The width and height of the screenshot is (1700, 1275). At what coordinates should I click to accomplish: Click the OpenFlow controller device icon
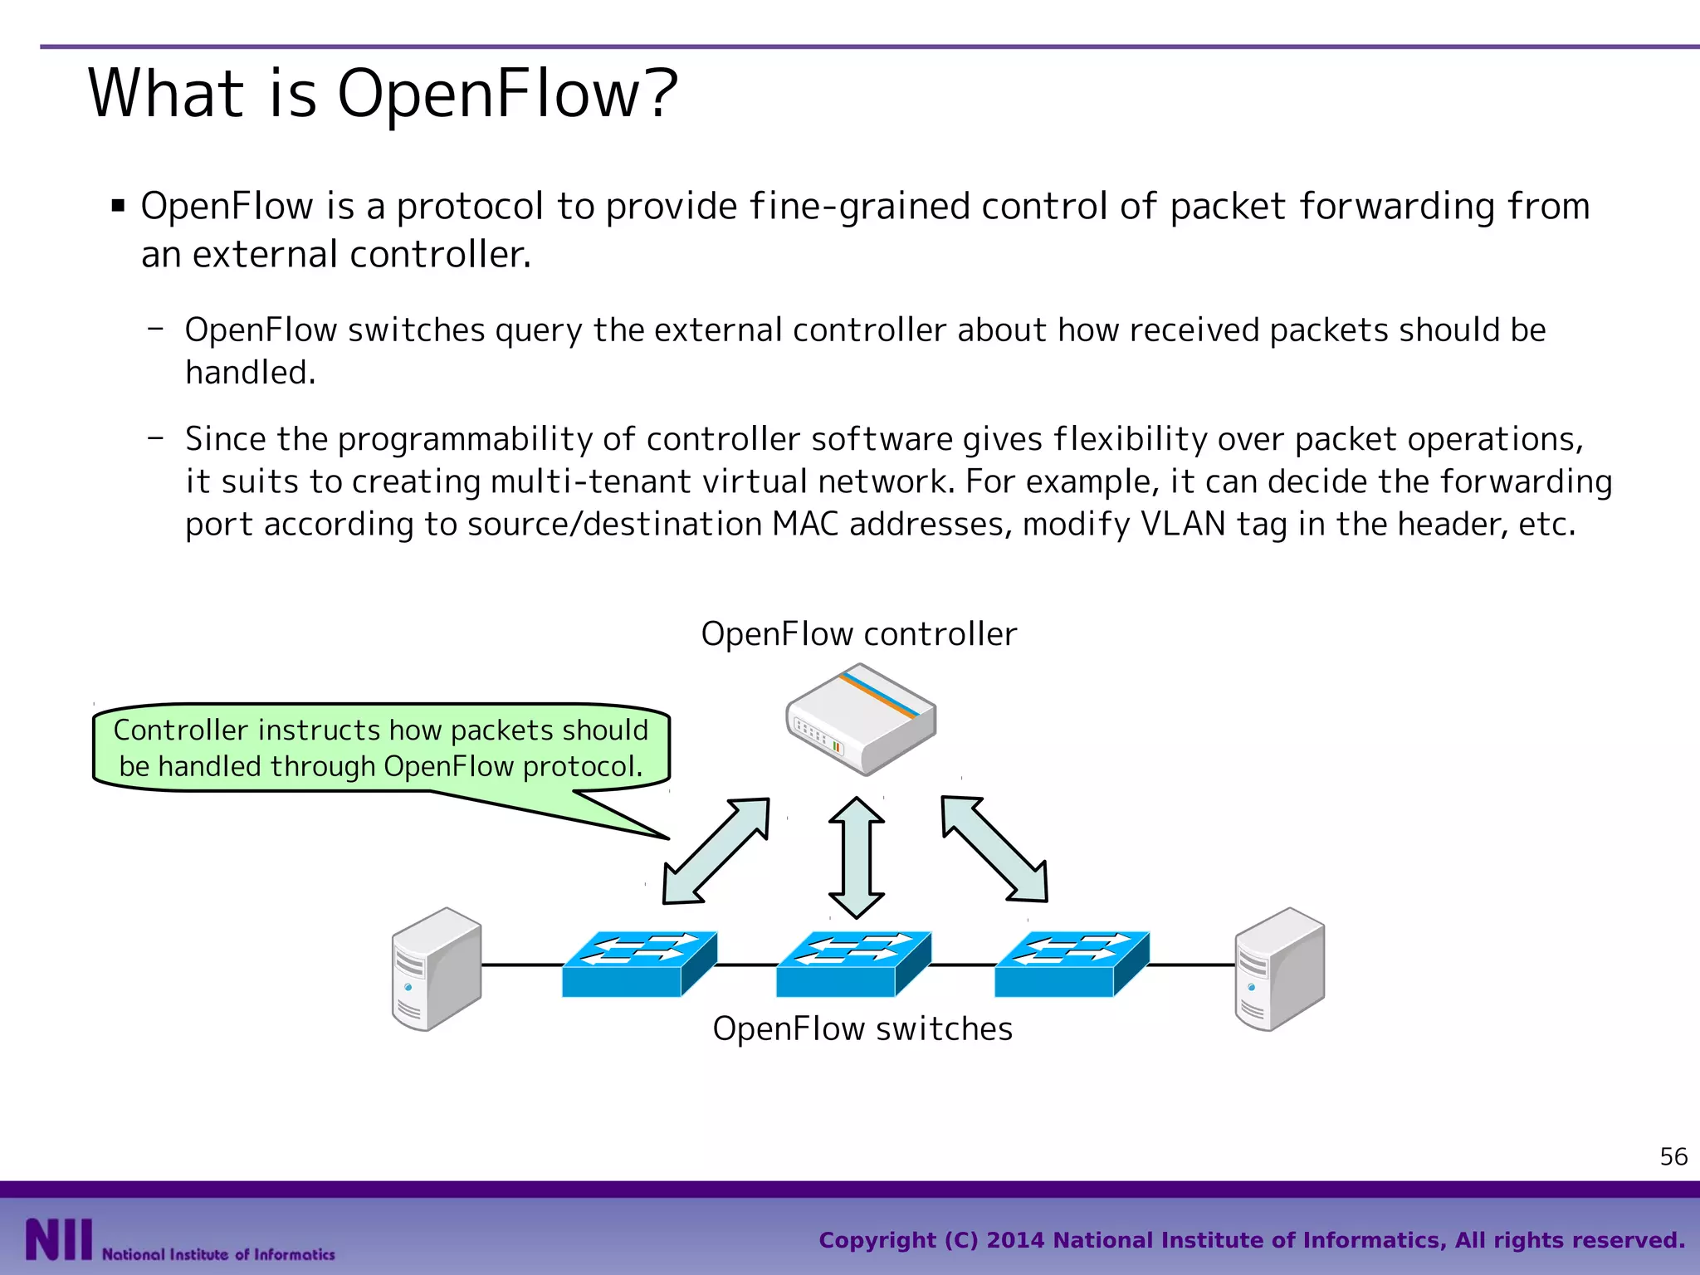[x=861, y=720]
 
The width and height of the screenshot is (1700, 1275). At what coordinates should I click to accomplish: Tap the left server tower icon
[x=437, y=969]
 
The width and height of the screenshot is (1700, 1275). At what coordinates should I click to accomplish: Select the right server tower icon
[x=1279, y=969]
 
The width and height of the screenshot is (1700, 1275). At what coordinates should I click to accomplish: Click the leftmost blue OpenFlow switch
[x=638, y=964]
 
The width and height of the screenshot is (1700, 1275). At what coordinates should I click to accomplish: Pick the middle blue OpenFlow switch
[x=852, y=964]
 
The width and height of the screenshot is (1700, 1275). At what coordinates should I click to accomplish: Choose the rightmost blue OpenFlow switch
[x=1071, y=964]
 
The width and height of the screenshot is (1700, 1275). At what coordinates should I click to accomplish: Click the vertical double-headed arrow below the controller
[x=857, y=857]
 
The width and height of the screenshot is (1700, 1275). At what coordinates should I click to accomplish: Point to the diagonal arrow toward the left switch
[x=716, y=851]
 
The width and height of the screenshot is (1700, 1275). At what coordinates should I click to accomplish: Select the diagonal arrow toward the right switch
[x=994, y=849]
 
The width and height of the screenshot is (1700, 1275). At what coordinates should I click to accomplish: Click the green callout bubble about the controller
[x=381, y=748]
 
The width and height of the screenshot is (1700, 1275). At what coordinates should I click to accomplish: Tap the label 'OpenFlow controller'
[x=858, y=634]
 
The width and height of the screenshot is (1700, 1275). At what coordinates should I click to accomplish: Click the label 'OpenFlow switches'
[x=862, y=1028]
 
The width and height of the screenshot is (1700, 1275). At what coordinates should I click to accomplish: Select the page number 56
[x=1673, y=1156]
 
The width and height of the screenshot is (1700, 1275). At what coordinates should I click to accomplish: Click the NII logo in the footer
[x=58, y=1239]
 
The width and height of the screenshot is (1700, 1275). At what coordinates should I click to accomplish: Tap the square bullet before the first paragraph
[x=118, y=205]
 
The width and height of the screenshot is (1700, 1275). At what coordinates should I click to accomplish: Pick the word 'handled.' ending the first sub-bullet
[x=250, y=373]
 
